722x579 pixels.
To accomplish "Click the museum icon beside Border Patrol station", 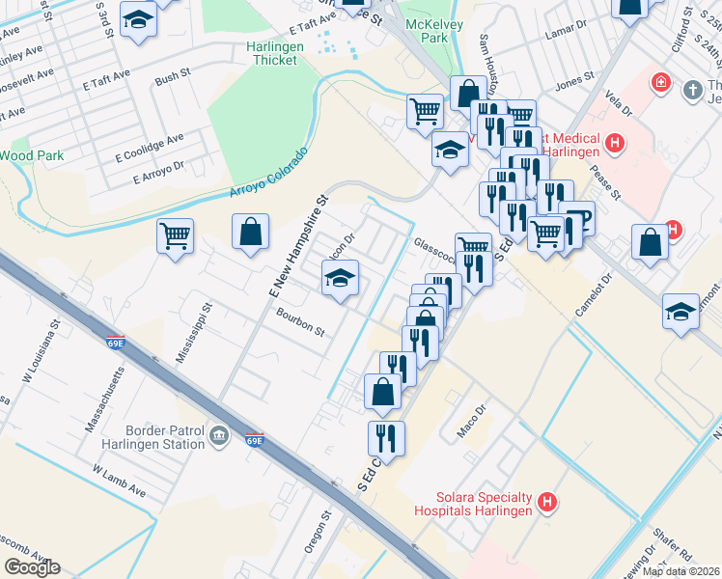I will (x=219, y=437).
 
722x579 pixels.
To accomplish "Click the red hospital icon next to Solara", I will (x=547, y=502).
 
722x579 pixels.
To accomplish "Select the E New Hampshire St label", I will (x=299, y=247).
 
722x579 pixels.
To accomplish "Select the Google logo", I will (x=32, y=567).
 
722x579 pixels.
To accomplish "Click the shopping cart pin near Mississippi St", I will (x=175, y=235).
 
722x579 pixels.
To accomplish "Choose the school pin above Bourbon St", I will (x=339, y=279).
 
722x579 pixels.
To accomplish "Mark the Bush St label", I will (x=173, y=75).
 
